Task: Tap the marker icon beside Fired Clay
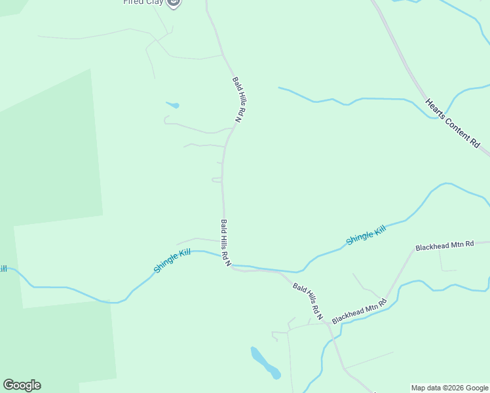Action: coord(174,3)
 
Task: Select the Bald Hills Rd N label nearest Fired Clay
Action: coord(239,100)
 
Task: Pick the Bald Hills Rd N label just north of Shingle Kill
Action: coord(225,243)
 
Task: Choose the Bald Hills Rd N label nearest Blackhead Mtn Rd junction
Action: coord(308,301)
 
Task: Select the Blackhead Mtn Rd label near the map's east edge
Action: coord(444,246)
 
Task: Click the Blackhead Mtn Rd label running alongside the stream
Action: coord(359,311)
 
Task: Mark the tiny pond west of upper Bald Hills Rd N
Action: coord(173,105)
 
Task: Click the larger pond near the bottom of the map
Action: coord(266,363)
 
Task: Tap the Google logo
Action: coord(22,385)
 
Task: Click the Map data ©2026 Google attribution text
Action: coord(449,388)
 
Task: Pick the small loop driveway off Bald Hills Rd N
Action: coord(216,179)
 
